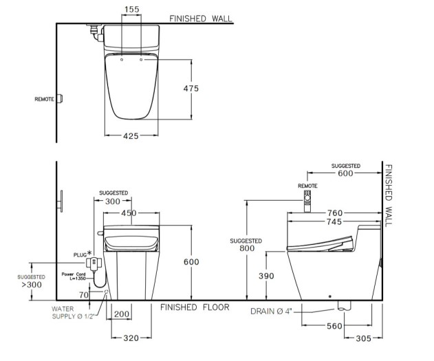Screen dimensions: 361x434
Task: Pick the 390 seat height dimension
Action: tap(266, 276)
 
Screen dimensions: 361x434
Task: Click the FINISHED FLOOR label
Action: tap(195, 307)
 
